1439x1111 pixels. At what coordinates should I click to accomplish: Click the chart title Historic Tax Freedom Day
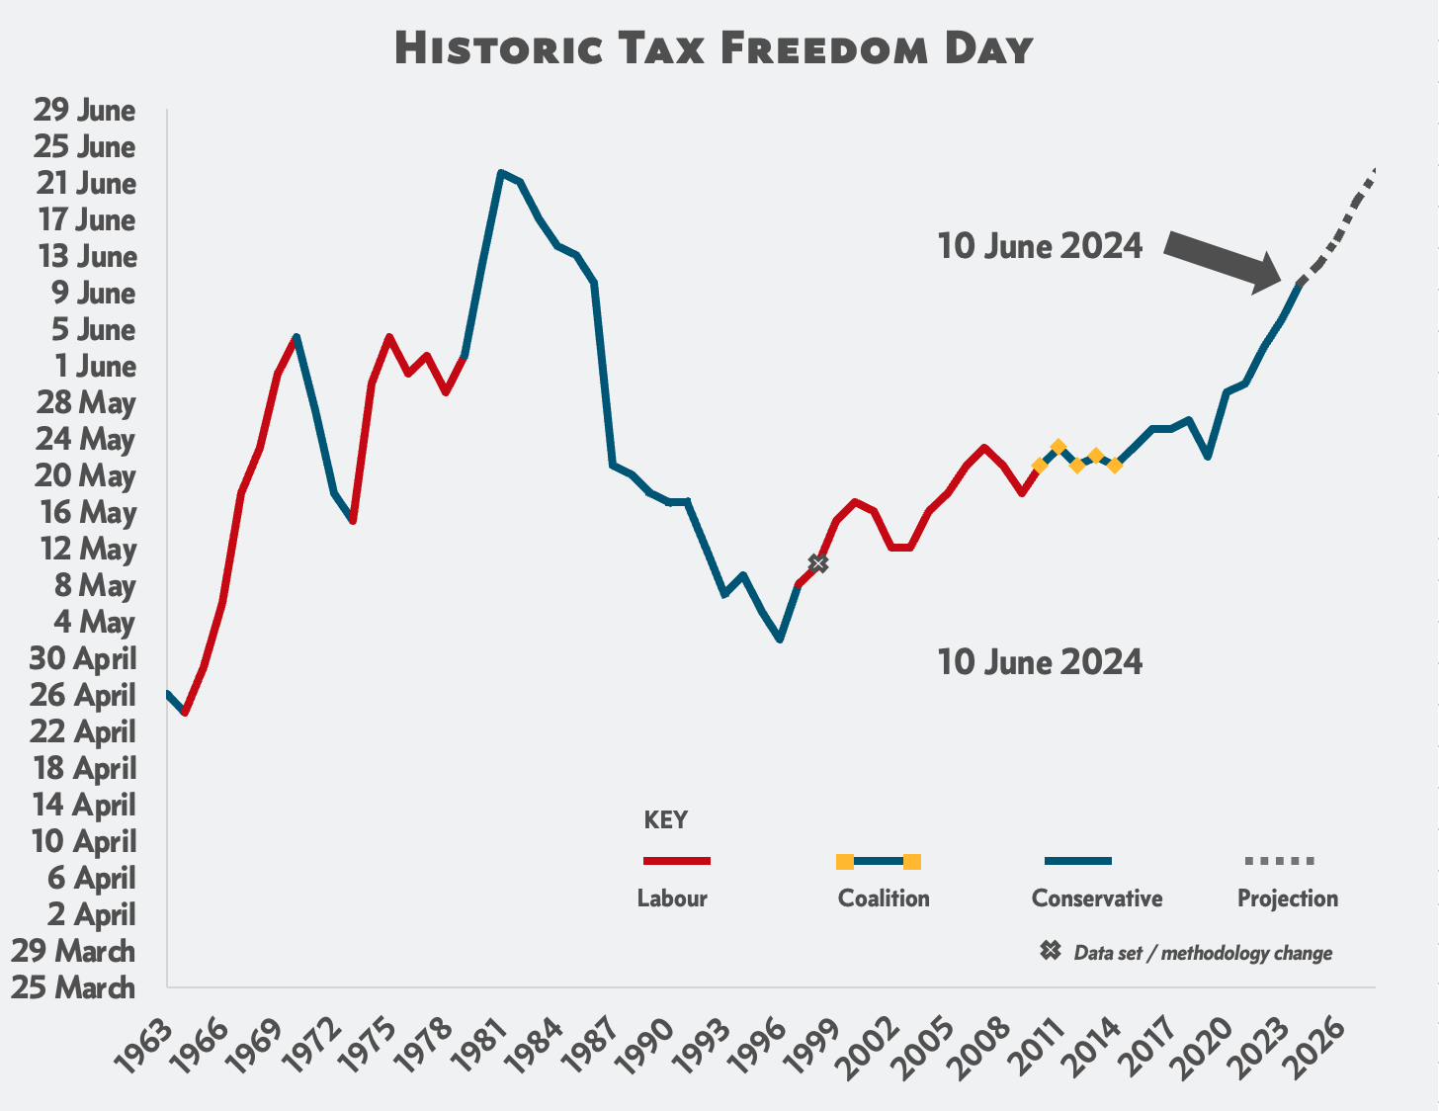tap(714, 48)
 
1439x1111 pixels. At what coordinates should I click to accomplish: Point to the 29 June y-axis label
tap(84, 110)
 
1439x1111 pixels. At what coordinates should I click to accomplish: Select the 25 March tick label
tap(72, 986)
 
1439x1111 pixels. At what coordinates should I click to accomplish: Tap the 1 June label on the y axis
tap(95, 366)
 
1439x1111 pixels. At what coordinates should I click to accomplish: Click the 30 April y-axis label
tap(83, 658)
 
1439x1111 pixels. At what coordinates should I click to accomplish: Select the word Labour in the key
tap(672, 898)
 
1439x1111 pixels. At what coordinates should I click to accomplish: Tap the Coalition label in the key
tap(884, 898)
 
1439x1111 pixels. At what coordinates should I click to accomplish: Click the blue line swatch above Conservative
tap(1077, 861)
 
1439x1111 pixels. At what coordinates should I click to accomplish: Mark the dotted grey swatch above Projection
tap(1279, 861)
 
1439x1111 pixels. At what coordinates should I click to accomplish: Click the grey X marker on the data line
tap(817, 563)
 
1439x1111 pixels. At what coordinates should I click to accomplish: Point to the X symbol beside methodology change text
tap(1051, 951)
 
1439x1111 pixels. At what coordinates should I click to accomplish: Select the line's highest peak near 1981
tap(501, 173)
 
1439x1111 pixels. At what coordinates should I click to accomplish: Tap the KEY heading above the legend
tap(665, 820)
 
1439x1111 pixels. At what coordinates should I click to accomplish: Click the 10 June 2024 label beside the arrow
tap(1040, 246)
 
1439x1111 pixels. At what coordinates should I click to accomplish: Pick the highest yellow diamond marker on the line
tap(1058, 447)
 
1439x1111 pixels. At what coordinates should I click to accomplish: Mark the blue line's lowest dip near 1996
tap(780, 640)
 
